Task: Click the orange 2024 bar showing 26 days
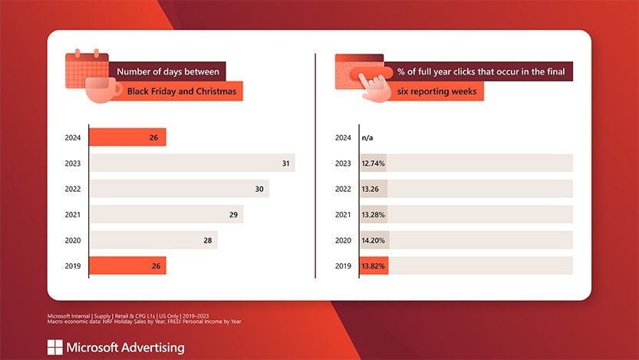[x=127, y=137]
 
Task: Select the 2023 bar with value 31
[x=192, y=163]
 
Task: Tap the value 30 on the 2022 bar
[x=259, y=189]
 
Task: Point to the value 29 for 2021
[x=232, y=214]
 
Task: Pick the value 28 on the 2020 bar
[x=207, y=240]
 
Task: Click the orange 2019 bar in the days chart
[x=127, y=266]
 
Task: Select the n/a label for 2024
[x=367, y=138]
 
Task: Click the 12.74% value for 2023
[x=373, y=163]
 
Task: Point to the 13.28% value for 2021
[x=373, y=214]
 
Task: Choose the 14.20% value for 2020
[x=374, y=240]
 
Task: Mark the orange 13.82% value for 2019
[x=373, y=266]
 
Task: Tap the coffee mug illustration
[x=104, y=89]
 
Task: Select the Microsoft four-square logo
[x=54, y=348]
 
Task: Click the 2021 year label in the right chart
[x=343, y=215]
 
